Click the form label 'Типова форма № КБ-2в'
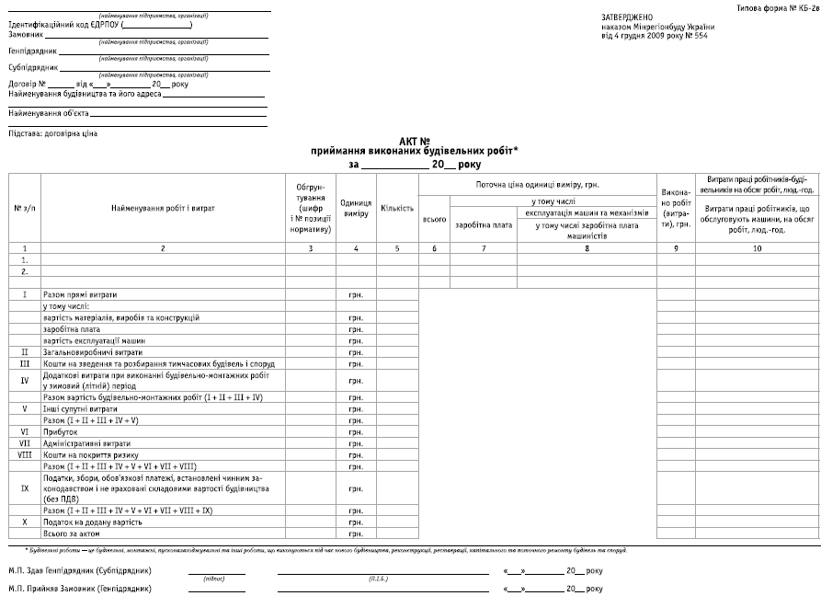coord(778,7)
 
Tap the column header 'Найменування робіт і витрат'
coord(163,209)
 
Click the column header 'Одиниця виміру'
coord(355,209)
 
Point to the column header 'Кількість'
coord(397,209)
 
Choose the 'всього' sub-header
coord(434,220)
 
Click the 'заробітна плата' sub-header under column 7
coord(484,225)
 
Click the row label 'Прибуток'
coord(60,431)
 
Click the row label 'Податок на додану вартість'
coord(93,521)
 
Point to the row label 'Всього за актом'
coord(72,533)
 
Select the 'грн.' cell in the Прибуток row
coord(355,431)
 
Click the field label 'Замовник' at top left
coord(26,36)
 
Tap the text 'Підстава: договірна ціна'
coord(52,133)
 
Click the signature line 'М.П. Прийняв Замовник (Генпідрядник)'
coord(80,588)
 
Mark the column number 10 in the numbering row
coord(757,249)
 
